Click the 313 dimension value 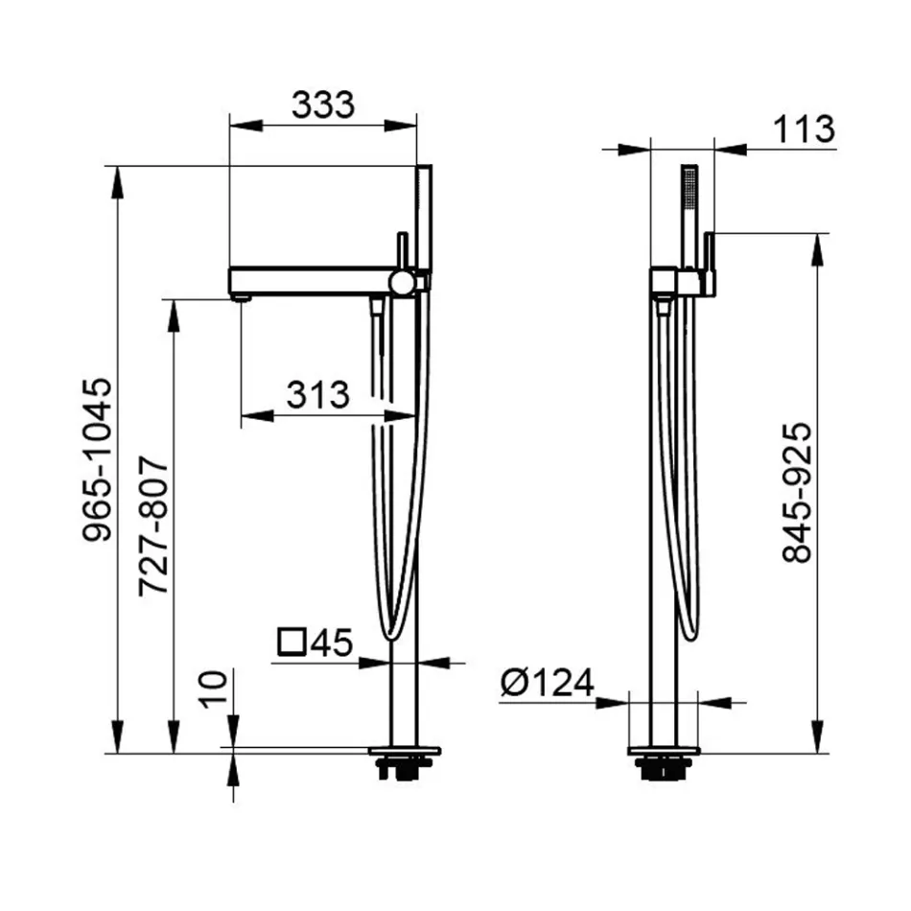point(317,393)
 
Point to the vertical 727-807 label point(153,527)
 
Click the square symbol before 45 point(291,641)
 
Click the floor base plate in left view point(405,751)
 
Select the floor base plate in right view point(664,751)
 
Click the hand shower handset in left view point(424,221)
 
